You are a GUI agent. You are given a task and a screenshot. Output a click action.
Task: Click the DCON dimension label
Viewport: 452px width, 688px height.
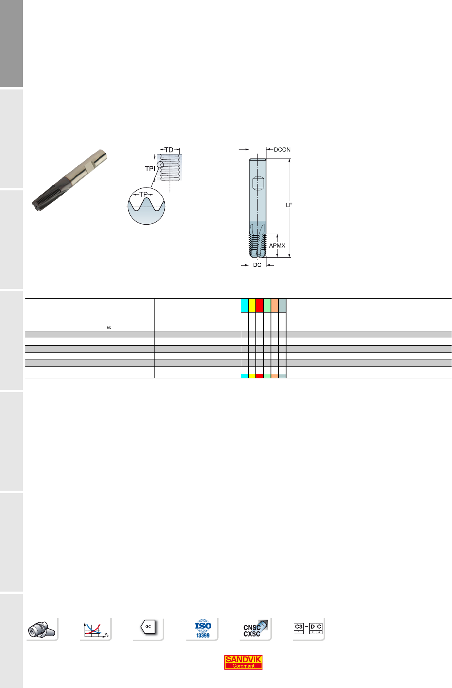click(x=282, y=150)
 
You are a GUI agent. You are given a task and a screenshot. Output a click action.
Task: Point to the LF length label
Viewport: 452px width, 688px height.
click(x=289, y=205)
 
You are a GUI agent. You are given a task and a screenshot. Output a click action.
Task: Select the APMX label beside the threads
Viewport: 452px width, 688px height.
click(x=277, y=246)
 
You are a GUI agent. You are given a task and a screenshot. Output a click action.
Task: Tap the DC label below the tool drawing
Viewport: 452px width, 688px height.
click(x=257, y=265)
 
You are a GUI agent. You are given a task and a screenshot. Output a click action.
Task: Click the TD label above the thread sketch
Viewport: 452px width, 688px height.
click(x=169, y=150)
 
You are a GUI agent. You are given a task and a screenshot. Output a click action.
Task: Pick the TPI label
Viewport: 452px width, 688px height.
click(x=150, y=169)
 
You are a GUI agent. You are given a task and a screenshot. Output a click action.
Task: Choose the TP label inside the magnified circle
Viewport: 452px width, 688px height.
click(x=143, y=194)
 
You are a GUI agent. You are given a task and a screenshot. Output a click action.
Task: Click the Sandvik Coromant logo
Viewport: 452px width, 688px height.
click(x=243, y=662)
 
